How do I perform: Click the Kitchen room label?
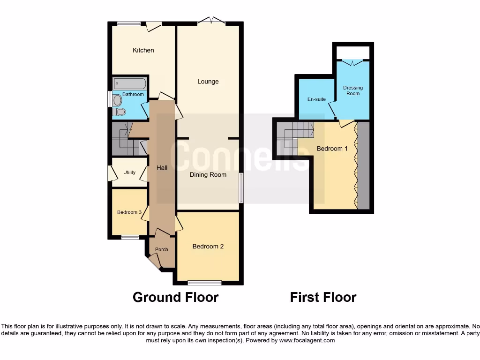pyautogui.click(x=143, y=50)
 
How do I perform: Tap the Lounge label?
pyautogui.click(x=208, y=82)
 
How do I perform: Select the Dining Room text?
pyautogui.click(x=208, y=175)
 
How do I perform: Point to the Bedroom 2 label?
pyautogui.click(x=208, y=247)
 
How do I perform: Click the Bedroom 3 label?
pyautogui.click(x=129, y=212)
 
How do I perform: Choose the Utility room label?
pyautogui.click(x=129, y=172)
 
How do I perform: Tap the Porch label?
pyautogui.click(x=162, y=249)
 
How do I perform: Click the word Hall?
pyautogui.click(x=162, y=168)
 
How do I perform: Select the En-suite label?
pyautogui.click(x=316, y=99)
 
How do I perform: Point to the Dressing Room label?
pyautogui.click(x=353, y=90)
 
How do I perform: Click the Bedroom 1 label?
pyautogui.click(x=332, y=149)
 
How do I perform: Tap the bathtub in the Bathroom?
pyautogui.click(x=130, y=84)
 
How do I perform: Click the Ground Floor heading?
pyautogui.click(x=175, y=297)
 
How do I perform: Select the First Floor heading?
pyautogui.click(x=323, y=297)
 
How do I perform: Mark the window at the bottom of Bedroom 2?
pyautogui.click(x=204, y=283)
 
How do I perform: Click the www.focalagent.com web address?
pyautogui.click(x=307, y=341)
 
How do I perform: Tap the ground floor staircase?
pyautogui.click(x=127, y=140)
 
